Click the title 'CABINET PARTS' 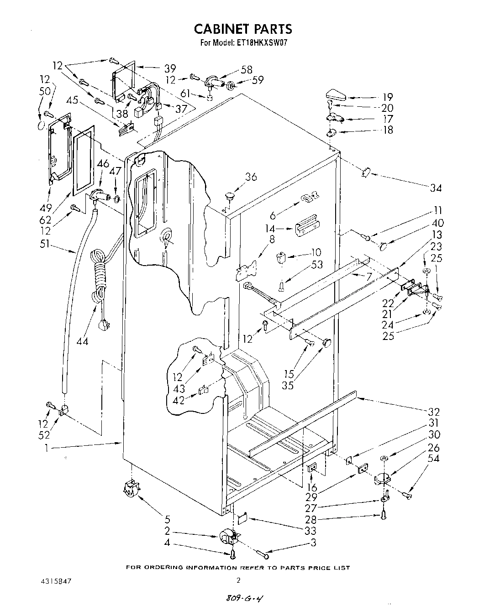[x=242, y=29]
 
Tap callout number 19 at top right [x=388, y=97]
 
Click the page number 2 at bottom [x=238, y=580]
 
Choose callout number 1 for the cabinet [x=46, y=448]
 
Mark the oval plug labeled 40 [x=384, y=246]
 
